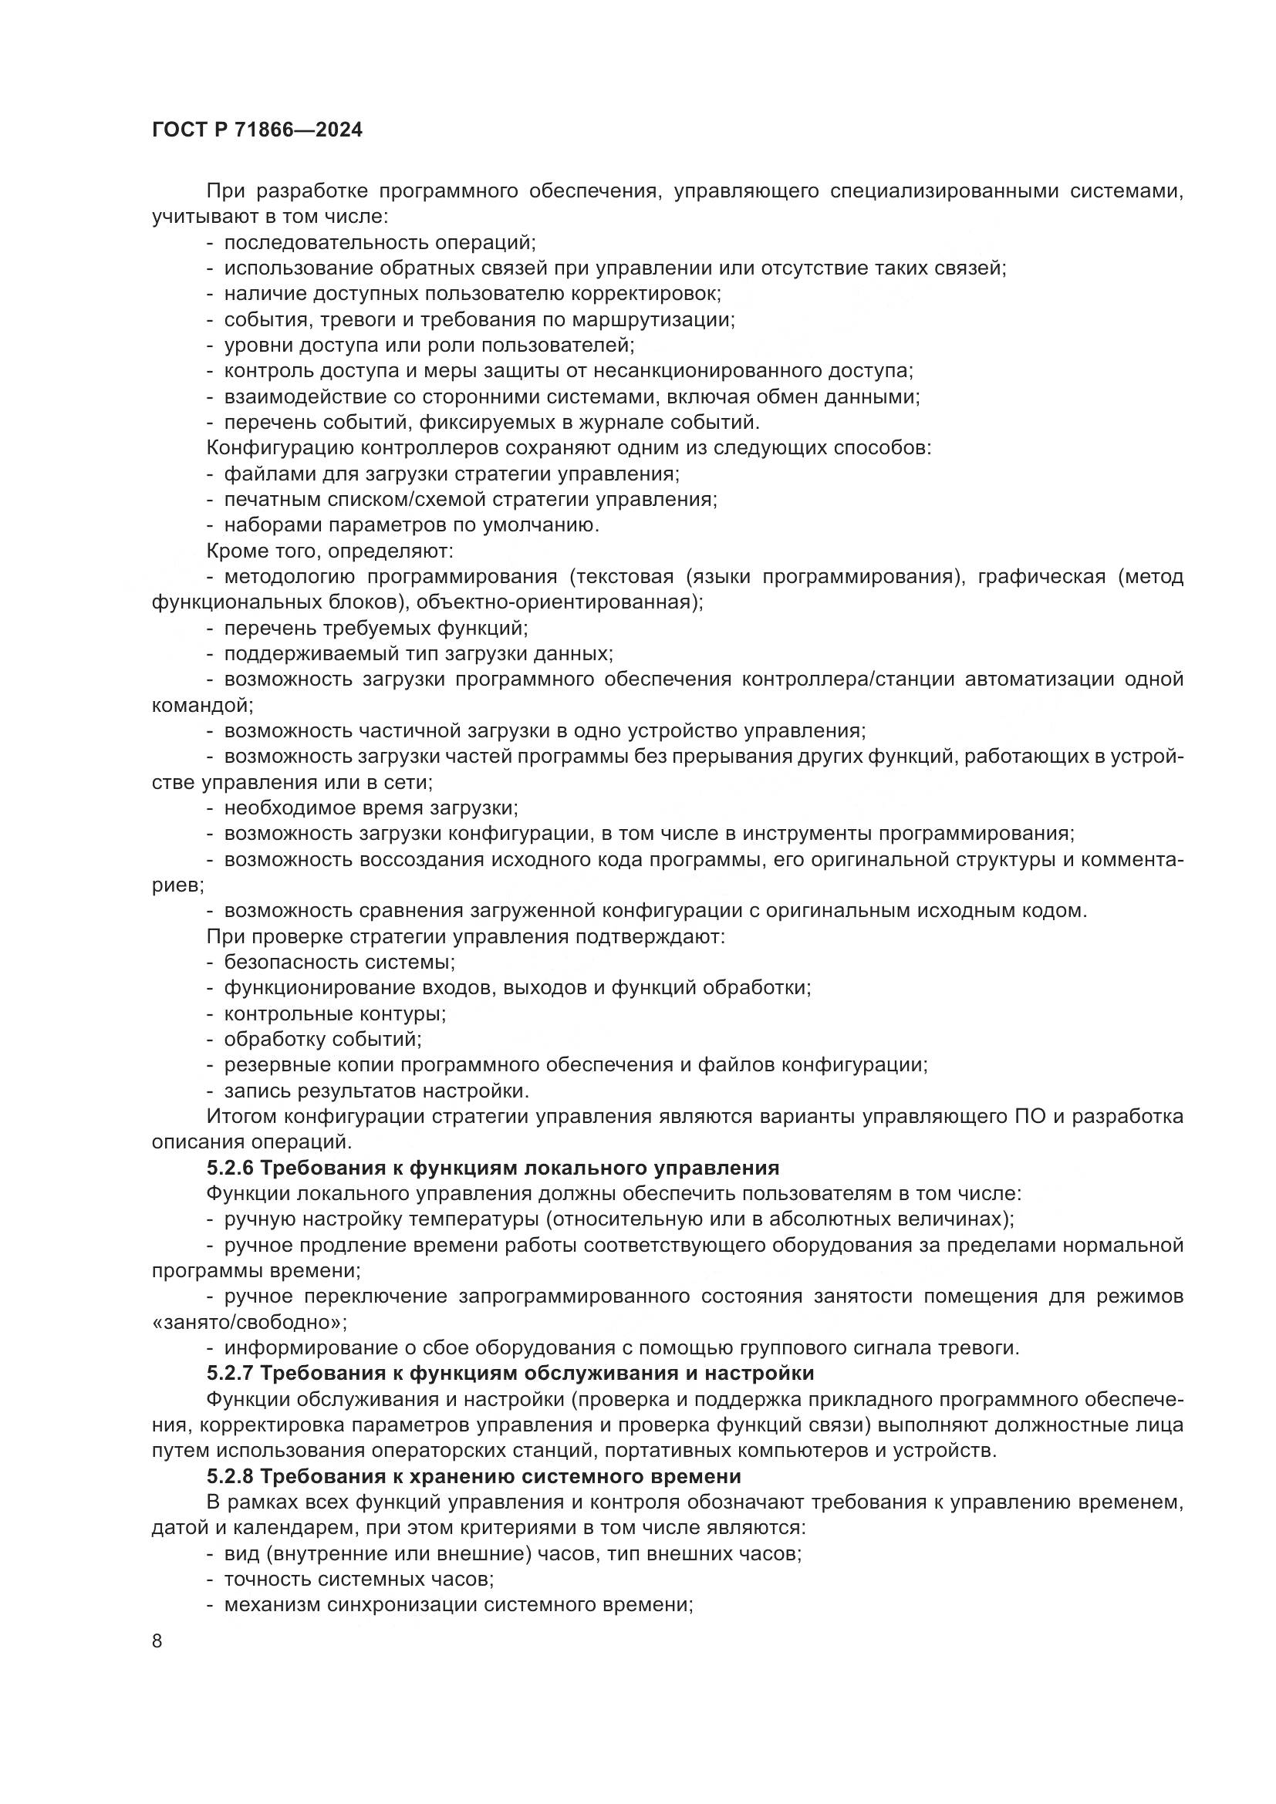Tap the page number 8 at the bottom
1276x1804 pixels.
pos(157,1640)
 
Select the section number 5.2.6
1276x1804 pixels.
pos(230,1168)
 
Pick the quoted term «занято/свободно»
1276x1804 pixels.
pos(249,1322)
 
